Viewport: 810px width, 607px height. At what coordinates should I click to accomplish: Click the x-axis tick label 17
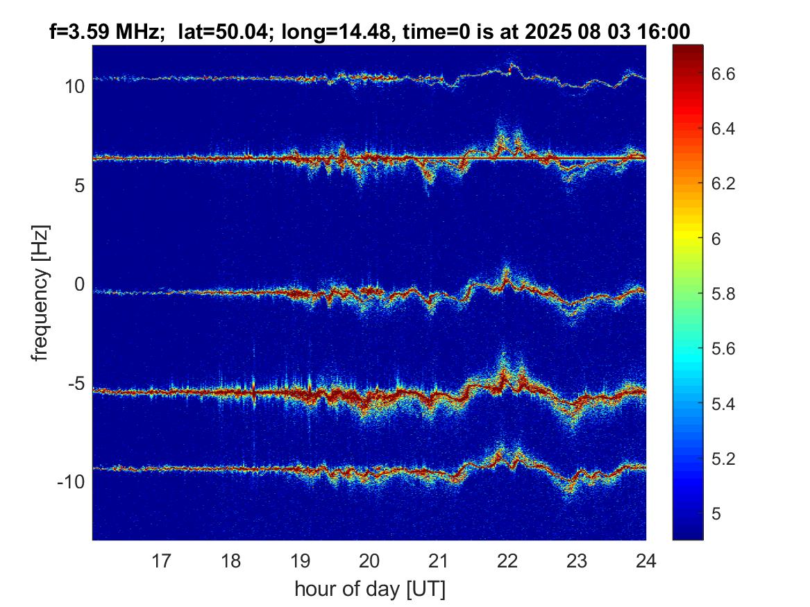(x=161, y=561)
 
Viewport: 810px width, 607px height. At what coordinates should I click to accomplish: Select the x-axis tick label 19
(x=300, y=561)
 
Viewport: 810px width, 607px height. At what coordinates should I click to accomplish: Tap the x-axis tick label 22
(x=508, y=561)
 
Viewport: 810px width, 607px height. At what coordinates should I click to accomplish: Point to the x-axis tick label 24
(x=646, y=561)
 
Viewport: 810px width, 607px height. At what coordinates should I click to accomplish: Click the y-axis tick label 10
(x=74, y=87)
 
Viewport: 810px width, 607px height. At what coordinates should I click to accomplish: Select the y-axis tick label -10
(x=71, y=482)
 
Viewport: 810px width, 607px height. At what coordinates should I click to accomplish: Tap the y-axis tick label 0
(x=79, y=284)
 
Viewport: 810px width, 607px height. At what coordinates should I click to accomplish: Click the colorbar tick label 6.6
(x=723, y=74)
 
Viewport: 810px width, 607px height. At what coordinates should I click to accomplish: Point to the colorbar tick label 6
(x=716, y=239)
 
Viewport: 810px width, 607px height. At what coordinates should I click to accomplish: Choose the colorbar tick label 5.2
(x=723, y=459)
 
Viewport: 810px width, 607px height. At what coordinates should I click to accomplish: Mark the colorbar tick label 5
(x=716, y=513)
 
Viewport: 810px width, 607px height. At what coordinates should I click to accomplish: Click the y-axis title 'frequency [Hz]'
(x=40, y=293)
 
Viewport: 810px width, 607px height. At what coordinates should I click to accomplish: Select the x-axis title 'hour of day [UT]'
(x=370, y=589)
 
